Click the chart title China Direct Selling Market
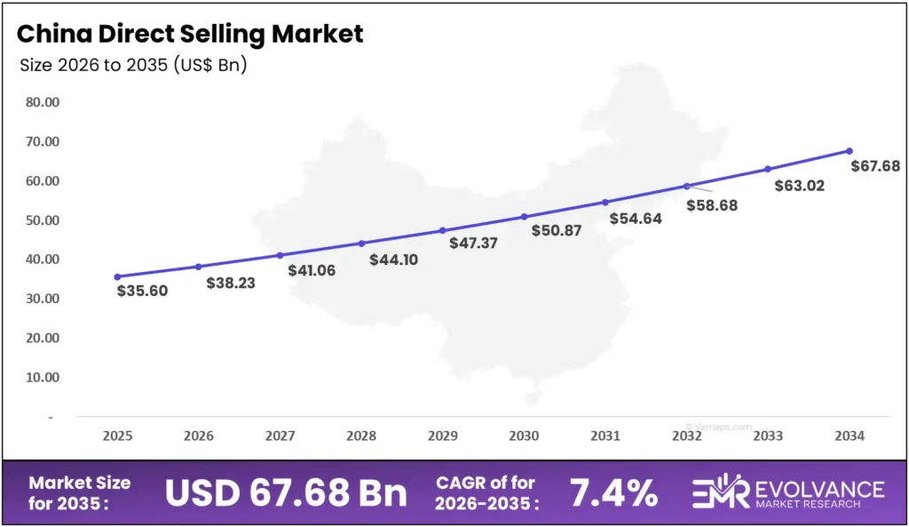pyautogui.click(x=190, y=35)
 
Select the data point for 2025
pyautogui.click(x=117, y=276)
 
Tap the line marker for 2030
pyautogui.click(x=524, y=217)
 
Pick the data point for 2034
pyautogui.click(x=850, y=151)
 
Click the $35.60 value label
pyautogui.click(x=142, y=290)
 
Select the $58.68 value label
pyautogui.click(x=712, y=205)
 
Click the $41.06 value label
pyautogui.click(x=312, y=270)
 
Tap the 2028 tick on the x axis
pyautogui.click(x=361, y=436)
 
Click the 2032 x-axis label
pyautogui.click(x=687, y=436)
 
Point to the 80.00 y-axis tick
pyautogui.click(x=43, y=102)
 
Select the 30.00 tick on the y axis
pyautogui.click(x=43, y=299)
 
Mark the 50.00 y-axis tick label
pyautogui.click(x=43, y=220)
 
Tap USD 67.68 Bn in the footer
pyautogui.click(x=286, y=493)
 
